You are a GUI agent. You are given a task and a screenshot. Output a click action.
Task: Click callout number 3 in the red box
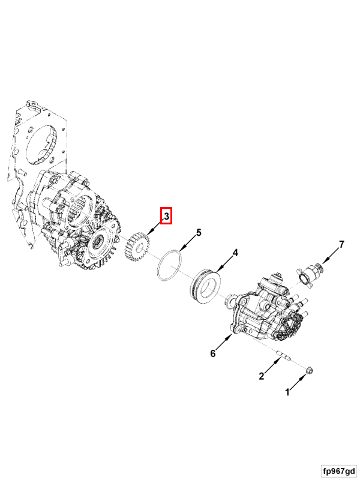point(167,216)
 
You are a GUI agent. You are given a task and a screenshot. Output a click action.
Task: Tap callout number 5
point(199,233)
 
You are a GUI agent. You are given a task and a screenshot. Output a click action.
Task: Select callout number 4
point(235,253)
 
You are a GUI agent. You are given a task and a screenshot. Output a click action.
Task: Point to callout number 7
point(341,244)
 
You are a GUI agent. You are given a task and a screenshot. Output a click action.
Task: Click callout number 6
point(213,353)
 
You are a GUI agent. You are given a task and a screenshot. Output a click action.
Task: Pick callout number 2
point(261,376)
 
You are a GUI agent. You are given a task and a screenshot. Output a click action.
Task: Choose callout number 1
point(287,392)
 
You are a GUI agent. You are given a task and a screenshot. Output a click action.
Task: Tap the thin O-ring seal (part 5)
point(169,265)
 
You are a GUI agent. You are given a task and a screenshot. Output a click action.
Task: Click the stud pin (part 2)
point(284,357)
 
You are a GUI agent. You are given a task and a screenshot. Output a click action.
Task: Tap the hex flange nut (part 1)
point(309,370)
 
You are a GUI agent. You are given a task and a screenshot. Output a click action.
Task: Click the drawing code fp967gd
point(339,470)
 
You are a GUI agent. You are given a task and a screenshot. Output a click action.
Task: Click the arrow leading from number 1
point(298,382)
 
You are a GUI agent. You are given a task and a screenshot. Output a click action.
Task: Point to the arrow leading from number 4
point(225,264)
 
